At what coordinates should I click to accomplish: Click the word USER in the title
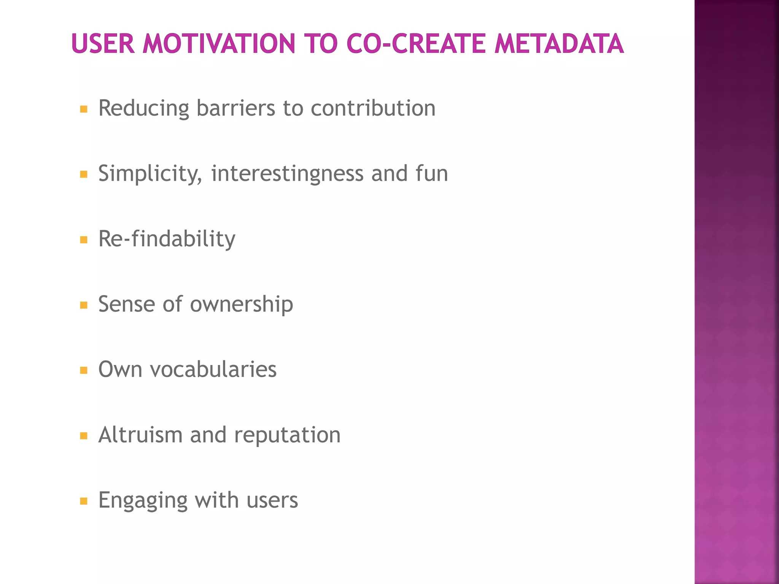click(x=103, y=43)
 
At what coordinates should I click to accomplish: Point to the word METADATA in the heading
click(x=559, y=43)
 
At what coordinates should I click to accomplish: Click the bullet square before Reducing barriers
click(x=84, y=109)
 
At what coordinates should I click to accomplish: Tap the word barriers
click(x=235, y=108)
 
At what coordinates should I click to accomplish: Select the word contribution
click(x=373, y=108)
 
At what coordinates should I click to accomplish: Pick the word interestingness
click(x=287, y=174)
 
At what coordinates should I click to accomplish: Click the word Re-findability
click(x=167, y=239)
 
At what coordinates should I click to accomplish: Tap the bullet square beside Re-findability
click(x=84, y=240)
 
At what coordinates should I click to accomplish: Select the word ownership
click(x=242, y=305)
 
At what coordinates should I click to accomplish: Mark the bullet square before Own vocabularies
click(x=84, y=370)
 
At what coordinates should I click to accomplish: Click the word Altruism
click(x=140, y=435)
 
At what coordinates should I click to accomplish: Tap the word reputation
click(x=287, y=435)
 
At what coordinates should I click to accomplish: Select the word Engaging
click(x=143, y=501)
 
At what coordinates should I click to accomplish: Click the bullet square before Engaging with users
click(x=84, y=501)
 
